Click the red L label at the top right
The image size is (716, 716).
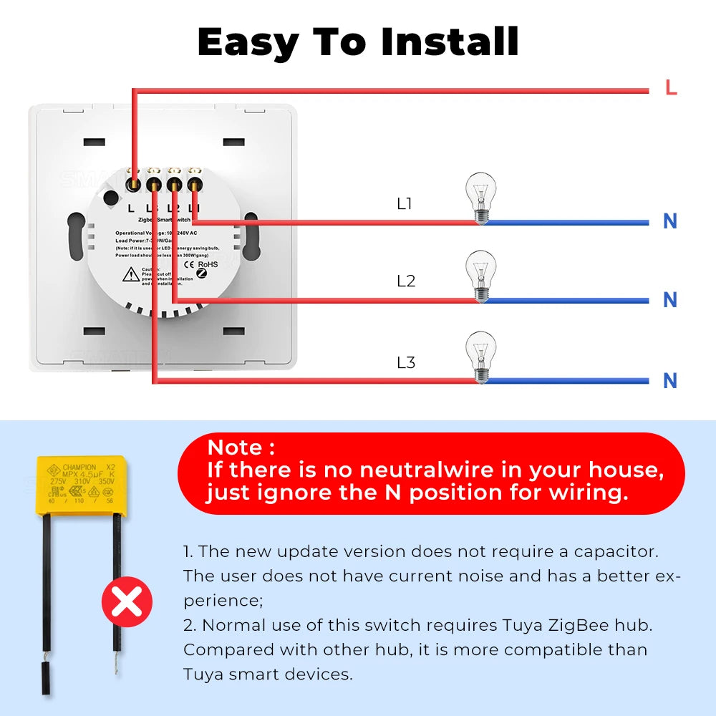(x=671, y=89)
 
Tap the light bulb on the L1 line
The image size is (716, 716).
(x=480, y=197)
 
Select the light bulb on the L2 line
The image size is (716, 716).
(x=480, y=275)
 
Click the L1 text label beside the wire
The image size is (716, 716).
(x=405, y=204)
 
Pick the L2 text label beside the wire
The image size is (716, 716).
(x=406, y=281)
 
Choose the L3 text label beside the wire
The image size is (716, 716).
(x=406, y=363)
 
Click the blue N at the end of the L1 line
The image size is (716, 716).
(x=670, y=222)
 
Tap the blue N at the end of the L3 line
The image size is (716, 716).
(x=670, y=381)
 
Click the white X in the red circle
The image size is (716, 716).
(x=127, y=602)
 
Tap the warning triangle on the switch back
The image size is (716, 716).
(x=131, y=274)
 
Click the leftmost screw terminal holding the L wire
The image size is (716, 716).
(x=132, y=184)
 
